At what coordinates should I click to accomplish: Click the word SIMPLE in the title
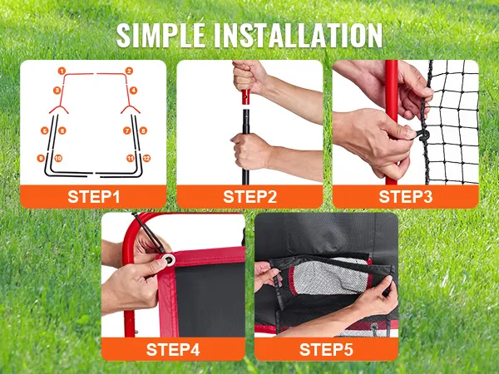tap(161, 35)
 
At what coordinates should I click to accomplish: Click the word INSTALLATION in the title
tap(298, 35)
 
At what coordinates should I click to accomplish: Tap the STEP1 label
tap(93, 196)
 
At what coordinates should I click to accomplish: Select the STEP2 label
tap(249, 196)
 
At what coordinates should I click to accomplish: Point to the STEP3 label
tap(406, 196)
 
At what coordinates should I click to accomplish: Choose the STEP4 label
tap(173, 349)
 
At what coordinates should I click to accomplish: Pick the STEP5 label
tap(326, 349)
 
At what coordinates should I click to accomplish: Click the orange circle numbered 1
tap(62, 71)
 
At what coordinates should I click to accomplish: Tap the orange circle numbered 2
tap(129, 71)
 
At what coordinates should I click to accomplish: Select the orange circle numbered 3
tap(57, 91)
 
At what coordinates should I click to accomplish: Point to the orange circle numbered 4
tap(133, 91)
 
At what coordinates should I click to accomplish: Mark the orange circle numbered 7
tap(127, 130)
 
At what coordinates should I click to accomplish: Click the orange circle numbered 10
tap(58, 158)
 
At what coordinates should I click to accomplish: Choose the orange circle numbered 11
tap(131, 158)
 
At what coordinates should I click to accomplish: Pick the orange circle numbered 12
tap(146, 158)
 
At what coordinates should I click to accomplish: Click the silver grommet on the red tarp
tap(169, 260)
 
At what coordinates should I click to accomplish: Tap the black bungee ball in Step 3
tap(423, 135)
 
